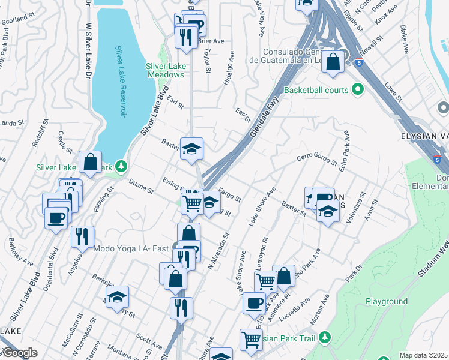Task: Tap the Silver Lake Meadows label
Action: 164,71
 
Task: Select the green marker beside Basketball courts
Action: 358,90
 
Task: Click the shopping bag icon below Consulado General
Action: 333,61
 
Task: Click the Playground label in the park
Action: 387,302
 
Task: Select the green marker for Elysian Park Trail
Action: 325,337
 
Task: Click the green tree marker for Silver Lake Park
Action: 121,166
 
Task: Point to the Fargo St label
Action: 229,195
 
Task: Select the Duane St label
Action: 142,190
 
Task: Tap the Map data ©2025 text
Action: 423,355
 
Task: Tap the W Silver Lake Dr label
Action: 89,48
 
